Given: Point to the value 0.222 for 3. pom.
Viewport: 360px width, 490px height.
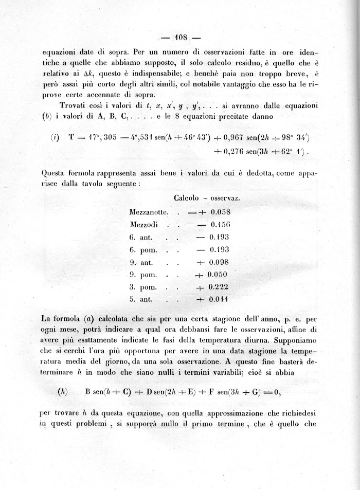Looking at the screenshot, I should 218,286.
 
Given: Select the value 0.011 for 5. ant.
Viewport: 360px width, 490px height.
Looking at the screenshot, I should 219,299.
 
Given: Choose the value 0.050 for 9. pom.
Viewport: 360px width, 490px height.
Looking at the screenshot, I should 218,274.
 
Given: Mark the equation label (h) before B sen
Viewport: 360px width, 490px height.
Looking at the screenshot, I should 63,391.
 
